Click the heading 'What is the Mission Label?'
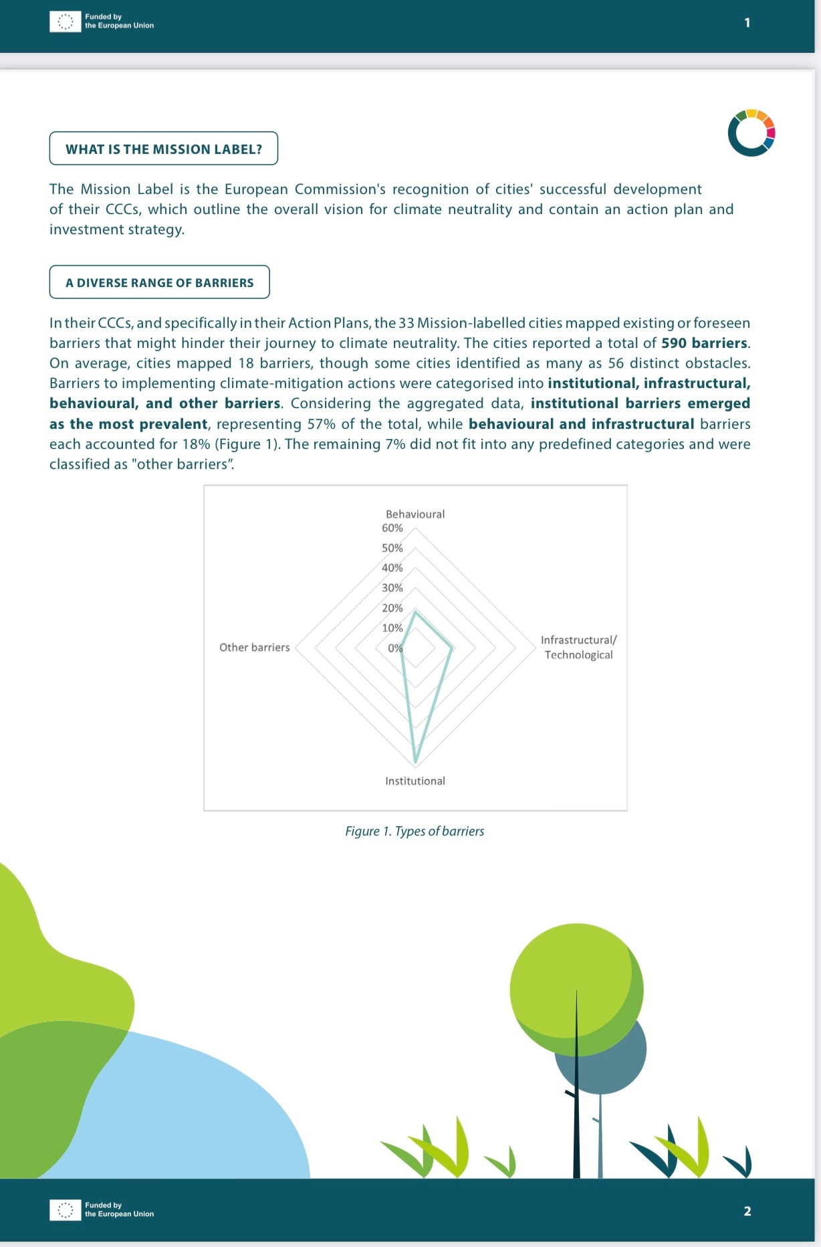pos(164,149)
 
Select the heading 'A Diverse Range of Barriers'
pos(159,282)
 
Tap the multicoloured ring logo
pos(751,132)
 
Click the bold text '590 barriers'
pos(704,343)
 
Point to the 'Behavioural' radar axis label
pos(415,514)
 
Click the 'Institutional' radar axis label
pos(415,781)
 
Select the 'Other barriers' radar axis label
pos(254,647)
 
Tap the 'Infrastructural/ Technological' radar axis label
pos(578,647)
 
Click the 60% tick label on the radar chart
pos(392,528)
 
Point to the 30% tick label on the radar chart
pos(392,587)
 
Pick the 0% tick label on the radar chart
pos(395,648)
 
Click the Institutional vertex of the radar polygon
pos(415,761)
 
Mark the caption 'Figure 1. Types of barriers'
pos(415,831)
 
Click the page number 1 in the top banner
pos(747,23)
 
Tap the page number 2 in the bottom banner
pos(747,1211)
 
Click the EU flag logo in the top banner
pos(65,22)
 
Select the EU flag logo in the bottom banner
pos(65,1210)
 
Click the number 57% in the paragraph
pos(321,424)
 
